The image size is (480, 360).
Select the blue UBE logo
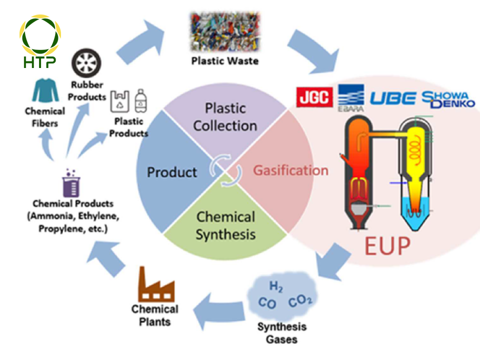(x=392, y=98)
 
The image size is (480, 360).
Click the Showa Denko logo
(x=448, y=99)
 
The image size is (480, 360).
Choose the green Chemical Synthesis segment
(x=225, y=225)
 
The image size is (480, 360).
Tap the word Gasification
(x=290, y=170)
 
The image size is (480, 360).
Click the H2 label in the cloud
(x=276, y=286)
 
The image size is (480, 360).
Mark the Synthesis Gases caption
(x=281, y=333)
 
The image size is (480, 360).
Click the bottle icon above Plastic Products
(x=140, y=100)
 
